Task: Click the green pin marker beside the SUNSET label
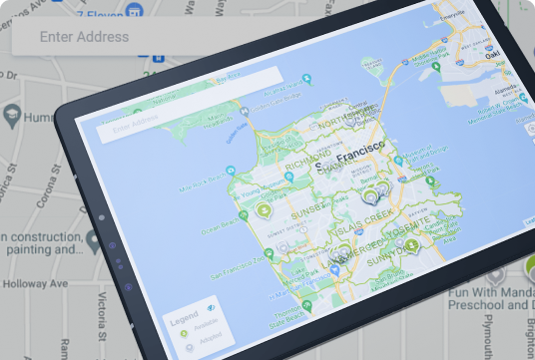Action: point(265,209)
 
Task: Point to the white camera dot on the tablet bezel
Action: point(102,214)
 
